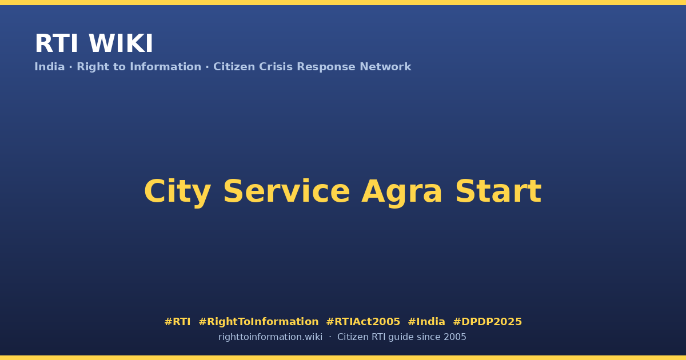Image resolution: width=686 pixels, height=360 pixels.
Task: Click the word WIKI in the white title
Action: tap(121, 43)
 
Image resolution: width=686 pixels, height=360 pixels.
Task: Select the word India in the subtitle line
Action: tap(50, 67)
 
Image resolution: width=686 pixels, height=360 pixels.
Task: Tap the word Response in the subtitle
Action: tap(326, 67)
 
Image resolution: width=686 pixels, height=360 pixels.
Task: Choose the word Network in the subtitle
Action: tap(385, 67)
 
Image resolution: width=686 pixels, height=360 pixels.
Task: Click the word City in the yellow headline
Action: tap(178, 192)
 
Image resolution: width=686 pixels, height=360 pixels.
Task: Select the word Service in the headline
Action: tap(286, 191)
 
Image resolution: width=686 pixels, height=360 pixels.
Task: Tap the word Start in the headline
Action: tap(498, 191)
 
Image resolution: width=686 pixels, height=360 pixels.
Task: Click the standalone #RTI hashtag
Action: tap(177, 322)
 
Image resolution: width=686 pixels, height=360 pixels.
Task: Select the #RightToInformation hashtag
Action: tap(258, 322)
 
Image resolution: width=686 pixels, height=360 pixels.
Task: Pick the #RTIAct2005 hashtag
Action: tap(363, 322)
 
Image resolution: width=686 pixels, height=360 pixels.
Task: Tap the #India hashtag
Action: tap(426, 322)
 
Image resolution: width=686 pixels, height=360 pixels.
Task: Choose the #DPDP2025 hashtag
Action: tap(487, 322)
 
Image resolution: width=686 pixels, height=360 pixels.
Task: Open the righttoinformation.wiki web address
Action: tap(270, 337)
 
